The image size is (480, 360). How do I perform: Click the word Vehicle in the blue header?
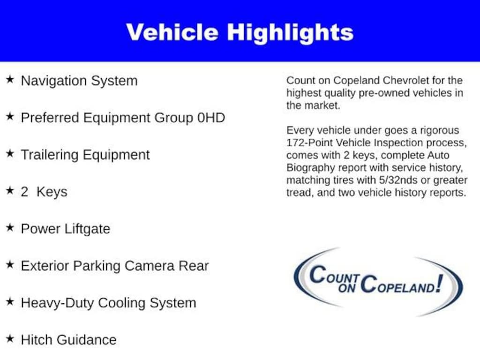tap(172, 32)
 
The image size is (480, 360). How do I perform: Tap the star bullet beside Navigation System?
tap(10, 80)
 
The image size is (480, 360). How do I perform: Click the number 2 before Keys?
tap(24, 192)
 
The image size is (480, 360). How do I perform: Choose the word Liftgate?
tap(87, 229)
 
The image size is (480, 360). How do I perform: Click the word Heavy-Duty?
tap(58, 303)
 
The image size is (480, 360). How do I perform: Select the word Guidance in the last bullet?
tap(86, 340)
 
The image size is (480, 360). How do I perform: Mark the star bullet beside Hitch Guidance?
tap(10, 338)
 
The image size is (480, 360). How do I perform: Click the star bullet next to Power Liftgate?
tap(10, 227)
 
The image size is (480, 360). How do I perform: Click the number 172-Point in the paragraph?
tap(309, 142)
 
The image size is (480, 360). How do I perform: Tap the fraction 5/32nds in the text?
tap(398, 180)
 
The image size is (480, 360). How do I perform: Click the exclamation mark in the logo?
tap(440, 283)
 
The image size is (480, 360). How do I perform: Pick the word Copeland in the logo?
tap(398, 285)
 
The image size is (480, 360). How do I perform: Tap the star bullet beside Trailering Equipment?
tap(10, 153)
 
